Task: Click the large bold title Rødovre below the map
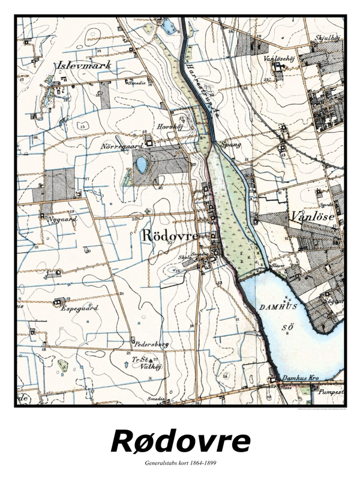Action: [x=180, y=441]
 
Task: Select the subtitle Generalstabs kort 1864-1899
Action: [x=180, y=463]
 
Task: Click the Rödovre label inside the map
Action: [x=169, y=236]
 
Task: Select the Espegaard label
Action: [x=79, y=307]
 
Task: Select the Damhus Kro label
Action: [x=298, y=379]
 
